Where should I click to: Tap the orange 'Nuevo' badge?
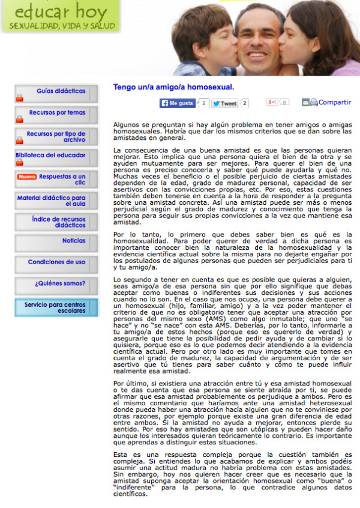(27, 177)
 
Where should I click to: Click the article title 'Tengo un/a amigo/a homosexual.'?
(173, 87)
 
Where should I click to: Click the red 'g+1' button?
(272, 103)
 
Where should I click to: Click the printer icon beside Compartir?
(314, 103)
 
